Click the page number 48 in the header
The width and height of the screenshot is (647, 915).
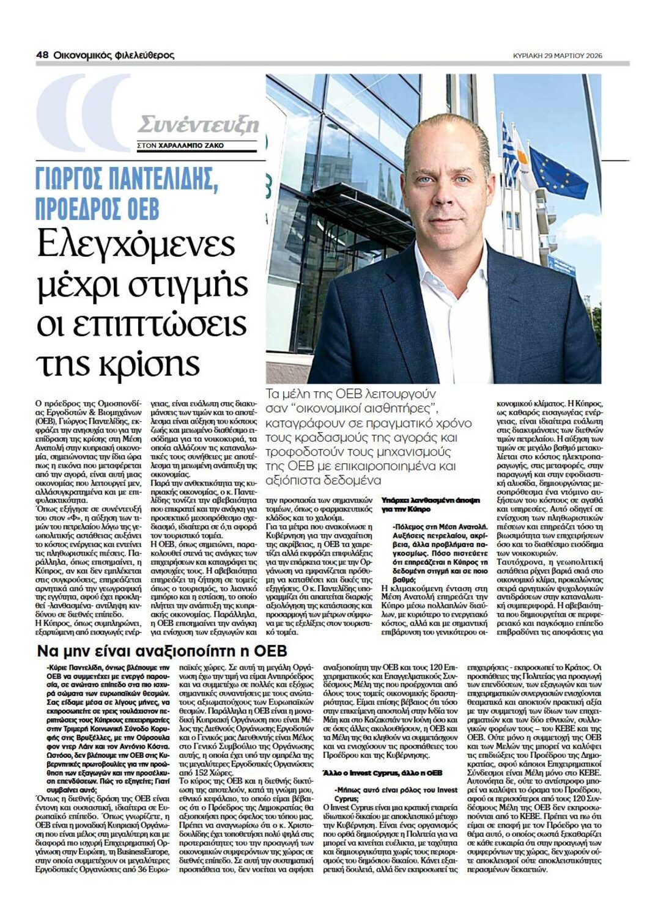tap(42, 55)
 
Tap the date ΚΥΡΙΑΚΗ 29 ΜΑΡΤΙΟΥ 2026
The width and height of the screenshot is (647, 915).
tap(558, 56)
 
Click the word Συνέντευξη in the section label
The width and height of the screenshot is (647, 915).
tap(198, 125)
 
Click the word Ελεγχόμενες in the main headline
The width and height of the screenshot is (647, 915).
tap(136, 245)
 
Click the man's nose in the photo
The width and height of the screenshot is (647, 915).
tap(445, 190)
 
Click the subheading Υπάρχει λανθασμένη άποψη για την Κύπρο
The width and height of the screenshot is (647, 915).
tap(430, 504)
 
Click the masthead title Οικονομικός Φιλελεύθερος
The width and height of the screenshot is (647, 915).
tap(114, 55)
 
